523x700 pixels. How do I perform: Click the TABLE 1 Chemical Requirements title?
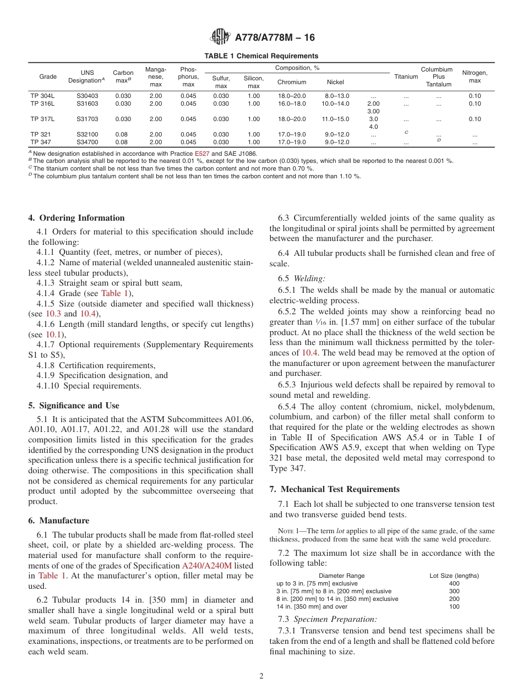point(261,56)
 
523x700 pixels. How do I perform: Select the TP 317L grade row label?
point(42,119)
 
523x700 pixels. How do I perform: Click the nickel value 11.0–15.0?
point(335,119)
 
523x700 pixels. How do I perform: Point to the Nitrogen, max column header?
point(475,76)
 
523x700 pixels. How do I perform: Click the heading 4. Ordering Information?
point(77,218)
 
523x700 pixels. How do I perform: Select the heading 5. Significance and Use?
point(74,406)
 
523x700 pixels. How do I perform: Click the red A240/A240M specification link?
point(210,565)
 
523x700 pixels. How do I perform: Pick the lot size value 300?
point(454,591)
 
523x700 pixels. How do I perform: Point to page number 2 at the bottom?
point(261,676)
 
